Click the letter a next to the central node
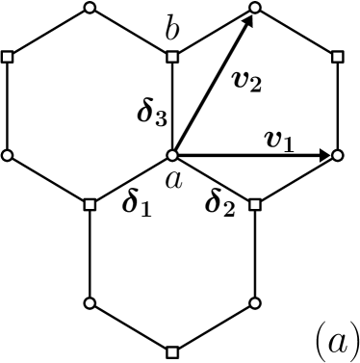[175, 178]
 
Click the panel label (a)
[337, 338]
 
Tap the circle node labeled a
[172, 155]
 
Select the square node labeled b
[172, 57]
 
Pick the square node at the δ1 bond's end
[90, 204]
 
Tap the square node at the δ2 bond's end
[255, 204]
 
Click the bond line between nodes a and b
[172, 106]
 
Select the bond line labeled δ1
[131, 180]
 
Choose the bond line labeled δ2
[214, 180]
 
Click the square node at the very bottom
[172, 350]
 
